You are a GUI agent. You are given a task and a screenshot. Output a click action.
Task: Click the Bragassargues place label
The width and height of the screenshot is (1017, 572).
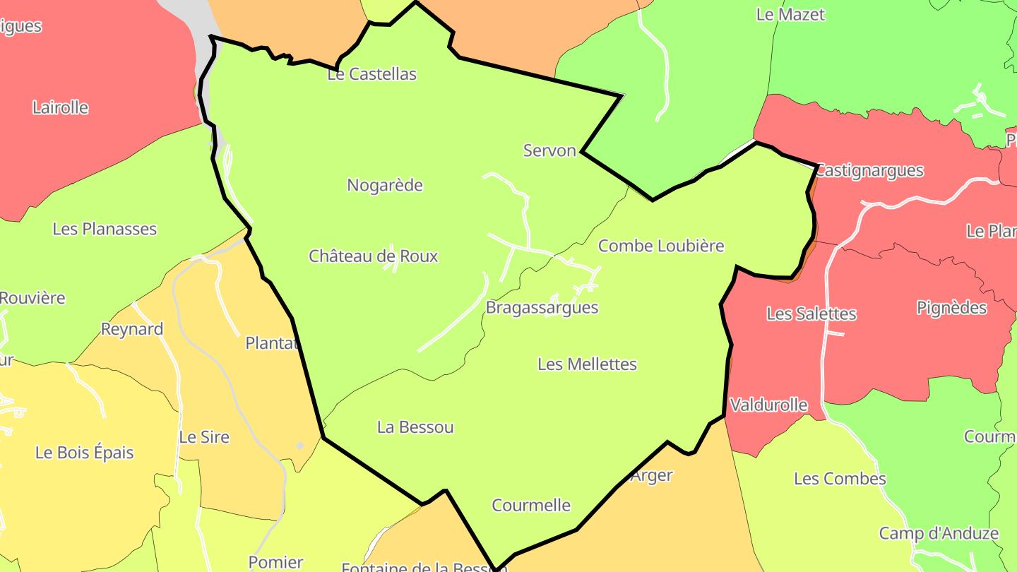click(x=542, y=308)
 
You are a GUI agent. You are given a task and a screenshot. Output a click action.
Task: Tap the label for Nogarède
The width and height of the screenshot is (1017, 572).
click(x=385, y=186)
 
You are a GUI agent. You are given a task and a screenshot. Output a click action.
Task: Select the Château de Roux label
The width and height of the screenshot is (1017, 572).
click(x=373, y=256)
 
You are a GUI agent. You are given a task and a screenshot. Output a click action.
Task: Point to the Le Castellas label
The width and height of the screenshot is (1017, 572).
click(x=372, y=74)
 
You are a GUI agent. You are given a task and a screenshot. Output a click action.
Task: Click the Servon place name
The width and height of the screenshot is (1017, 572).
click(x=549, y=150)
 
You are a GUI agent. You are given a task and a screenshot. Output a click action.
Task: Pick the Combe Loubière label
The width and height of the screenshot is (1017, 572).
click(x=661, y=246)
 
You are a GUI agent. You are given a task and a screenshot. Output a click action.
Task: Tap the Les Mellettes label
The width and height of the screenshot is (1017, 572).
click(x=587, y=364)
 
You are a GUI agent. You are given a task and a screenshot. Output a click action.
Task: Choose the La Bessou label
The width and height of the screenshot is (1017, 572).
click(x=415, y=427)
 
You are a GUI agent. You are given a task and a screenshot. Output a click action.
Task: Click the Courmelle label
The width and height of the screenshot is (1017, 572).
click(x=531, y=506)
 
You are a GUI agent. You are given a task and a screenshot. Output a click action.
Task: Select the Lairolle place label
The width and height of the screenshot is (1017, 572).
click(x=61, y=108)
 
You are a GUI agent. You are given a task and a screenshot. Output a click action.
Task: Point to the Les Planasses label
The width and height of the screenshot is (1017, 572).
click(x=105, y=229)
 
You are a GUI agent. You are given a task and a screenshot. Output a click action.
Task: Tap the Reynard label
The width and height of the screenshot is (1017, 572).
click(x=132, y=329)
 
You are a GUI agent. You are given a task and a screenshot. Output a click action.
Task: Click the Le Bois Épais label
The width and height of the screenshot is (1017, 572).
click(x=85, y=453)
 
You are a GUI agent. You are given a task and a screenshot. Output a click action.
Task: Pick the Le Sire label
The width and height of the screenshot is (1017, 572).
click(x=204, y=437)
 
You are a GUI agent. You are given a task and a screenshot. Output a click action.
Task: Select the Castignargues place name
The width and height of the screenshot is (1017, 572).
click(x=869, y=170)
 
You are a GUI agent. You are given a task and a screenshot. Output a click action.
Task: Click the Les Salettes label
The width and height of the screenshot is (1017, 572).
click(x=811, y=314)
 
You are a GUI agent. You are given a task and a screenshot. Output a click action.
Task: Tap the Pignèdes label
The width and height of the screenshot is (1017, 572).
click(x=951, y=308)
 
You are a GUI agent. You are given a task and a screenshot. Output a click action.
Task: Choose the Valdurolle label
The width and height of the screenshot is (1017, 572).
click(x=768, y=405)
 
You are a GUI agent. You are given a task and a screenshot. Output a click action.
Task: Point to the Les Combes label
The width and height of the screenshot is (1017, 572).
click(x=840, y=479)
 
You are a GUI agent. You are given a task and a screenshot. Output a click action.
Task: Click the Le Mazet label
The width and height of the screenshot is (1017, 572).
click(x=790, y=14)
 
